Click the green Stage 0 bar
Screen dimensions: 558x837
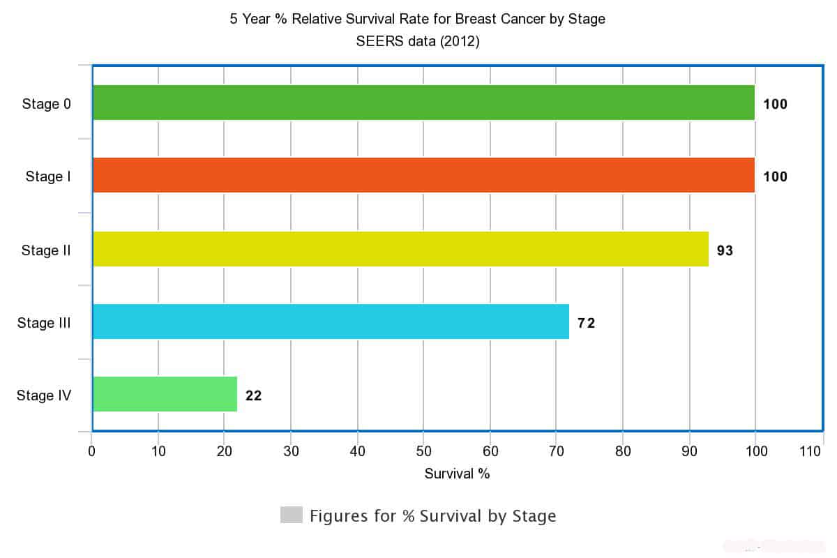click(423, 103)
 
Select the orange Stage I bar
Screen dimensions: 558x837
click(423, 175)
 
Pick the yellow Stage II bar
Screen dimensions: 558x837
click(400, 249)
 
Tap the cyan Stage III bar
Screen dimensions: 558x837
click(331, 322)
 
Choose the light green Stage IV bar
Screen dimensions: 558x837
click(165, 394)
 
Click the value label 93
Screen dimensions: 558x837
click(725, 250)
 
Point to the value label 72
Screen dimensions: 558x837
click(586, 323)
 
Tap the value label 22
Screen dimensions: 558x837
click(253, 395)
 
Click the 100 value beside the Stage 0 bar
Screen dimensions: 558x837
click(775, 105)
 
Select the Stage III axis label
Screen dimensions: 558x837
click(44, 323)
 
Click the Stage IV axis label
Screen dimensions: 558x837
click(44, 396)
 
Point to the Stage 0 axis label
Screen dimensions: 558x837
click(46, 105)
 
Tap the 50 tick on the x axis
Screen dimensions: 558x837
click(423, 451)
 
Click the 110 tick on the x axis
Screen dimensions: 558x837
click(810, 451)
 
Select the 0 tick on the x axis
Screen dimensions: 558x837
click(91, 451)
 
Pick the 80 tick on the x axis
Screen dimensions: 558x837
click(623, 451)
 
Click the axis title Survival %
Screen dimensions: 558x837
click(457, 474)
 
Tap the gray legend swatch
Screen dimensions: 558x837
click(291, 515)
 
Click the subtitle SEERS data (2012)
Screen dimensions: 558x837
click(418, 41)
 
